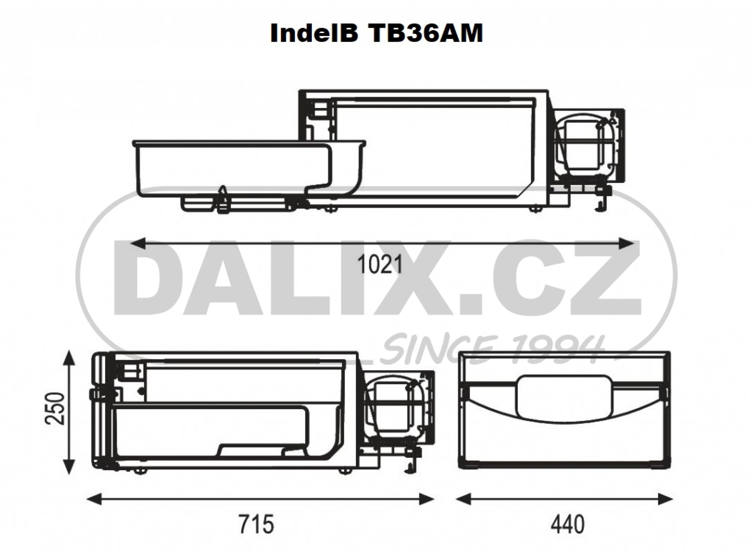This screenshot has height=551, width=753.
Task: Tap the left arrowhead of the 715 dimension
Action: [x=95, y=499]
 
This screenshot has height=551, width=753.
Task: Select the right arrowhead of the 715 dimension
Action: [x=426, y=499]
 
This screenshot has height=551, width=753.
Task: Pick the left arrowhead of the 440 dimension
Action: [x=464, y=499]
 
